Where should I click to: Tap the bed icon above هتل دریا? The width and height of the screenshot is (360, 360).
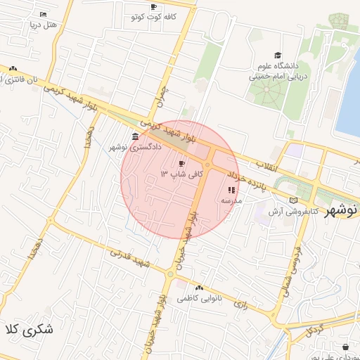[x=44, y=14]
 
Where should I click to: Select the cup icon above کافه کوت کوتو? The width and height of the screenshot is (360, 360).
[x=153, y=6]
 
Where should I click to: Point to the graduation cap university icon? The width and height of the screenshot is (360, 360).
[x=278, y=56]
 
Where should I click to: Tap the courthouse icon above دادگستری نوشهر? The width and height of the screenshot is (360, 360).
[x=135, y=136]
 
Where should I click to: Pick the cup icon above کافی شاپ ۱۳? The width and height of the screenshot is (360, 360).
[x=173, y=163]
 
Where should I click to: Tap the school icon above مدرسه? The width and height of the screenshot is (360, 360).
[x=232, y=190]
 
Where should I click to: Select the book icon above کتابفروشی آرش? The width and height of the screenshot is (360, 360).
[x=293, y=200]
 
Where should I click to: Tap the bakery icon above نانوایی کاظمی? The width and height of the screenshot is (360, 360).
[x=200, y=288]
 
